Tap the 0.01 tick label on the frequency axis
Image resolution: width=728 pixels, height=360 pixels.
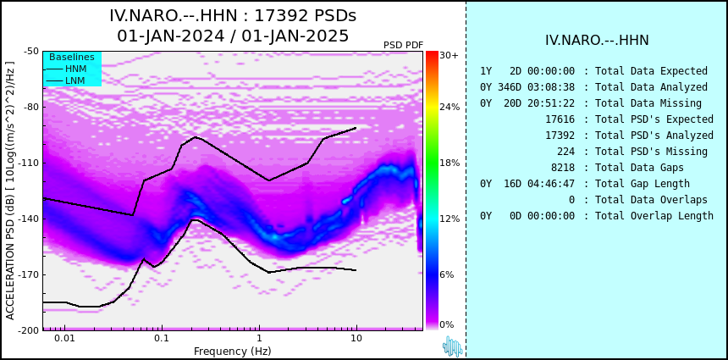(x=63, y=338)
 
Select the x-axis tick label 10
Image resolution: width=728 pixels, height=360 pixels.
(x=356, y=338)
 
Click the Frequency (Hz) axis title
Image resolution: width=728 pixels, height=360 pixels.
(x=233, y=351)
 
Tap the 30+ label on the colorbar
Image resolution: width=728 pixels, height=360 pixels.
(x=449, y=56)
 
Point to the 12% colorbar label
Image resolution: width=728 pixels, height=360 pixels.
(x=449, y=219)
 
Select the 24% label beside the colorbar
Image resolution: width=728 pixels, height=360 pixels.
(x=449, y=108)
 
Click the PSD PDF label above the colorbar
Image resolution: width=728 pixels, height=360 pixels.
(x=403, y=45)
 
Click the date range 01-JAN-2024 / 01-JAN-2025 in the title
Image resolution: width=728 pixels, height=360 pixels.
(x=233, y=36)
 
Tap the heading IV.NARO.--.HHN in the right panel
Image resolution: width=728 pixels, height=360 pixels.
(x=597, y=41)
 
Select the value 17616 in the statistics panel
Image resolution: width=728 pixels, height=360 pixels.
(x=560, y=119)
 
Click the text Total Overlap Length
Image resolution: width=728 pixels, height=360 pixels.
(x=654, y=216)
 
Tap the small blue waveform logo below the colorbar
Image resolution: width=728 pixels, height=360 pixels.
(x=452, y=346)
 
